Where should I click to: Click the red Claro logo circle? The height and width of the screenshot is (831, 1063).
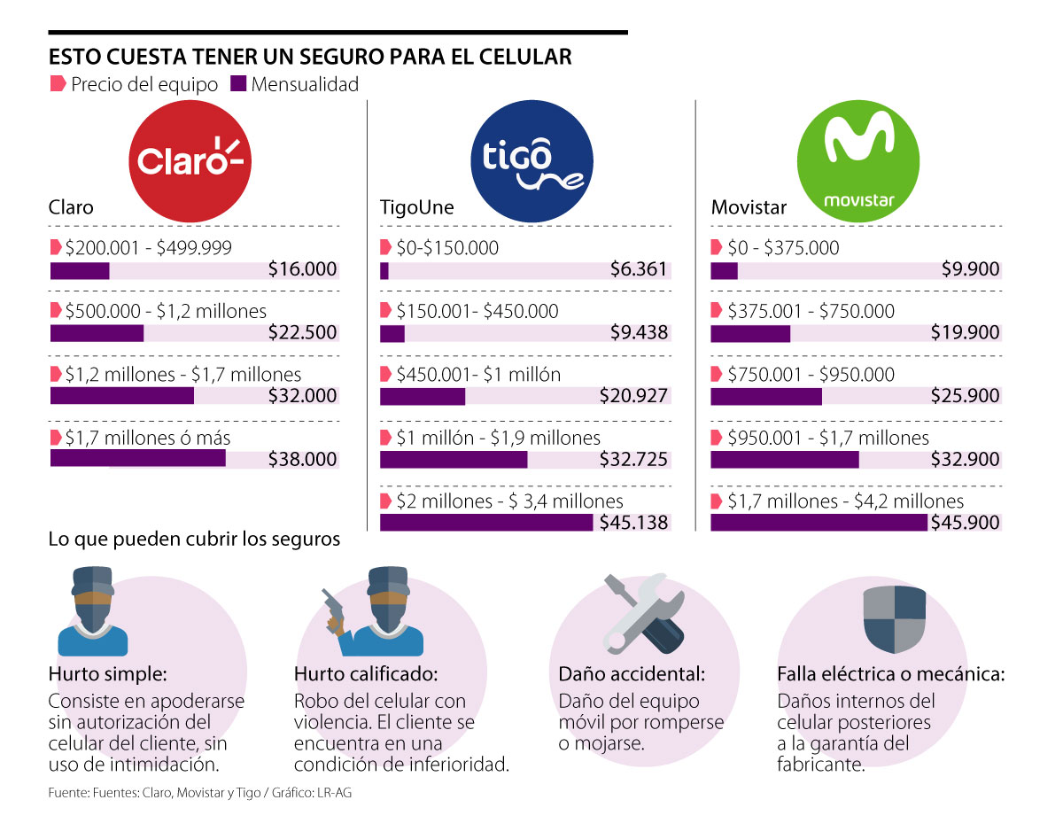[x=191, y=159]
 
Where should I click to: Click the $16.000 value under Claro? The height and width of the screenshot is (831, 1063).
[x=303, y=270]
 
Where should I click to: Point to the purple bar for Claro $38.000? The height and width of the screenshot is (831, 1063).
[x=137, y=458]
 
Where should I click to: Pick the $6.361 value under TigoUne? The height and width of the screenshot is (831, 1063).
[x=639, y=270]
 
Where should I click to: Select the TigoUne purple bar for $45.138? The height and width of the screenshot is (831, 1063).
[x=486, y=522]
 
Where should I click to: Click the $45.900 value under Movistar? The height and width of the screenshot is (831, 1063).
[x=965, y=523]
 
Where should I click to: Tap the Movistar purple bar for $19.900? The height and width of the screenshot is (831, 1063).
[x=749, y=333]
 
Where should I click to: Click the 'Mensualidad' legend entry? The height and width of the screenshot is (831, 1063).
[x=295, y=85]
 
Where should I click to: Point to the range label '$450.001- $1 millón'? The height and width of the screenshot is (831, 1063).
[x=478, y=375]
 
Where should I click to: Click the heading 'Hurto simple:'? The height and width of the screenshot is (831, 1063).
[x=108, y=674]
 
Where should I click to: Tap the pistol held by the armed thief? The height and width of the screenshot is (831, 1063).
[x=331, y=608]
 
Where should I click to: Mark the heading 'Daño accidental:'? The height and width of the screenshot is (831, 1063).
[x=632, y=674]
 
